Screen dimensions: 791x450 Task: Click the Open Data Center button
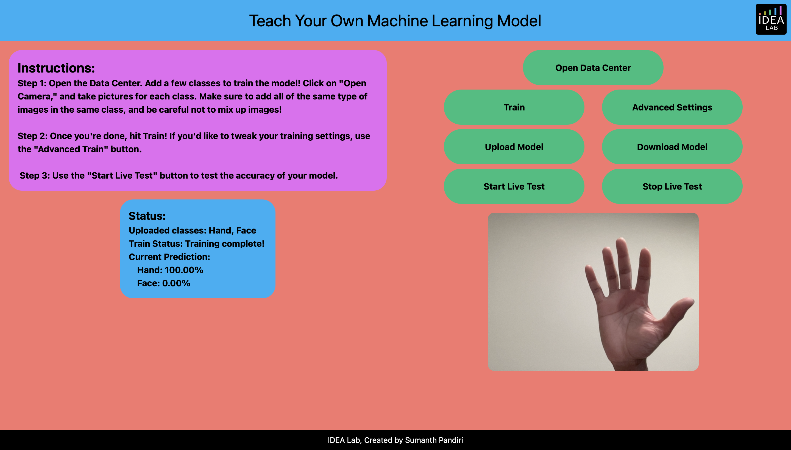click(x=593, y=68)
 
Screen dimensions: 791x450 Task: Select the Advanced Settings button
click(x=672, y=107)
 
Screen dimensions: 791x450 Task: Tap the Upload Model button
click(x=514, y=147)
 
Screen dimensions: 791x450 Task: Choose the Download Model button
click(x=672, y=147)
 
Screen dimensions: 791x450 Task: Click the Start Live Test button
click(x=514, y=186)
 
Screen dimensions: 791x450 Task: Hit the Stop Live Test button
click(x=672, y=186)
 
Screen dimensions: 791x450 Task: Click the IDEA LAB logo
click(x=771, y=19)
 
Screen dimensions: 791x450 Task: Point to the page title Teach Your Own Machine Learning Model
click(x=395, y=21)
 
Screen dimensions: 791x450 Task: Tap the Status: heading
click(x=147, y=216)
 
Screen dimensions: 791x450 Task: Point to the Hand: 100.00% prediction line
click(x=170, y=270)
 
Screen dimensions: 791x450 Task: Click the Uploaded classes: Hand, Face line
click(x=193, y=230)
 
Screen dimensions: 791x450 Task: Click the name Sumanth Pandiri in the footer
click(x=434, y=440)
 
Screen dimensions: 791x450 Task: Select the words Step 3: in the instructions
click(x=35, y=176)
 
